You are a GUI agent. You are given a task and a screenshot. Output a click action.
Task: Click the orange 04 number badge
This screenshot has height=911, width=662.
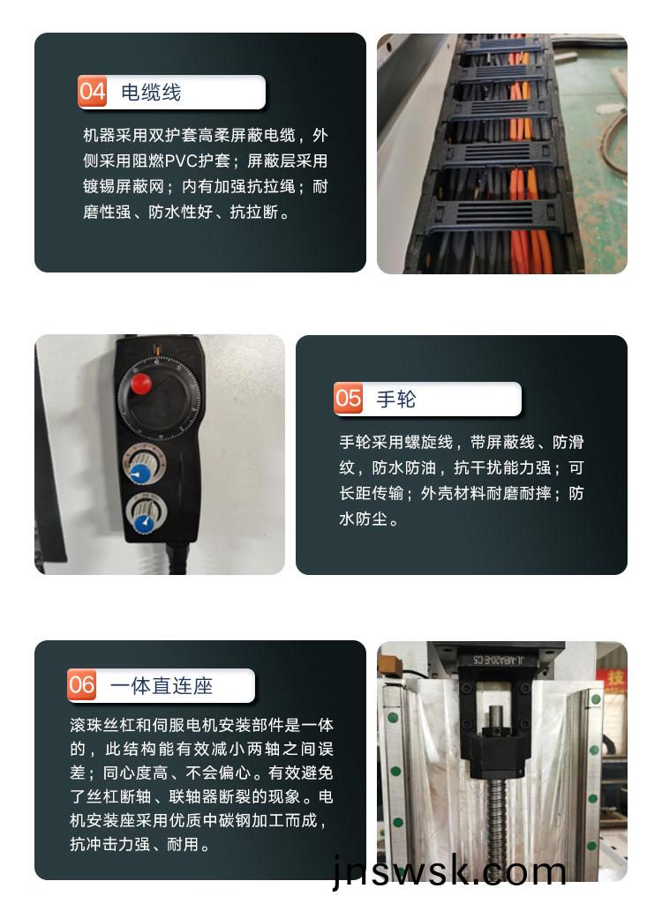tap(92, 92)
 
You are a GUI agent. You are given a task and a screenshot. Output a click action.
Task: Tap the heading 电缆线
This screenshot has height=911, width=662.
tap(151, 93)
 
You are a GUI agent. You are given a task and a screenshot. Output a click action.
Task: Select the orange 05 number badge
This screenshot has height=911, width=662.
tap(348, 399)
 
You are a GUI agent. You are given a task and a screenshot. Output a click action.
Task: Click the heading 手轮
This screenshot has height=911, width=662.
tap(395, 399)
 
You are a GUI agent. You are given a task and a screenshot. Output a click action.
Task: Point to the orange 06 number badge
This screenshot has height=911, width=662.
tap(81, 684)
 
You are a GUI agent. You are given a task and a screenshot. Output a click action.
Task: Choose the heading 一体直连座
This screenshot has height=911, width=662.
tap(162, 685)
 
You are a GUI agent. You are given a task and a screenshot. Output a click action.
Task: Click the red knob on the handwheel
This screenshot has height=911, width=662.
tap(140, 384)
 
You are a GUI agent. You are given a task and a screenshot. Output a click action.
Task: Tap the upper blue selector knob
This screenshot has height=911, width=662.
tap(139, 474)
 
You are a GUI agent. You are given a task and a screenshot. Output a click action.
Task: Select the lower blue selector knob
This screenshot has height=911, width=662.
tap(142, 524)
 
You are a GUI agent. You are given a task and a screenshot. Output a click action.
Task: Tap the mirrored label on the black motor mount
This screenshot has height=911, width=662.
tap(499, 659)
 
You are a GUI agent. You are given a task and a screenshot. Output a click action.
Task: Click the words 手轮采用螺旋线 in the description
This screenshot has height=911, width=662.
tap(395, 442)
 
